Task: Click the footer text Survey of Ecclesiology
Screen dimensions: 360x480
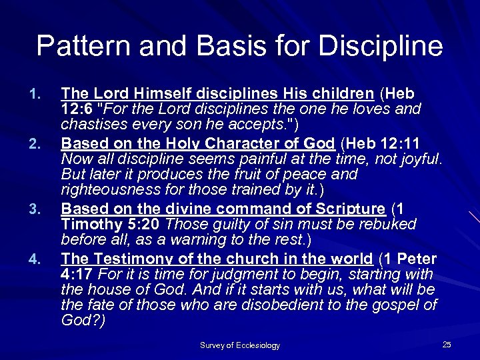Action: pos(240,345)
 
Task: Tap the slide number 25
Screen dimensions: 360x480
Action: pos(447,344)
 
